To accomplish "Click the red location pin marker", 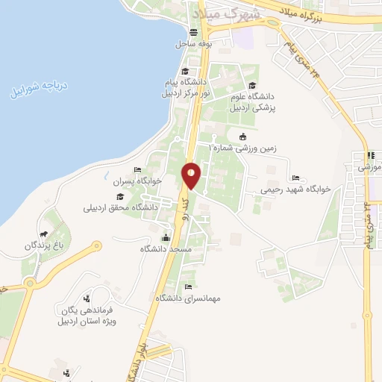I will click(191, 175).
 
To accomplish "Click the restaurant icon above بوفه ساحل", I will click(194, 32).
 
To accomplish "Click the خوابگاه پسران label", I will click(137, 181).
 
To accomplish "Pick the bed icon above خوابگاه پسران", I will click(137, 170).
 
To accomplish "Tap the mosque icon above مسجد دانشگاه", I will click(166, 237).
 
